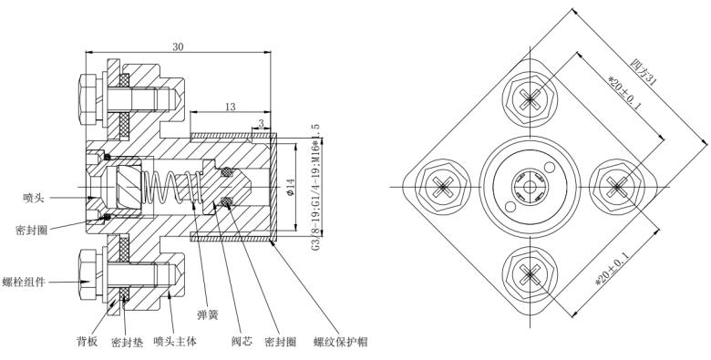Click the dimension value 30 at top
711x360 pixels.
tap(178, 47)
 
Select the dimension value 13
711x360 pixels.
tap(230, 107)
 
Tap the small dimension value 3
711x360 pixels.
tap(262, 123)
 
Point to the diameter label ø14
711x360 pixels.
tap(291, 187)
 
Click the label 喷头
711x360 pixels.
tap(34, 198)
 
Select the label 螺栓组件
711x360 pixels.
tap(24, 282)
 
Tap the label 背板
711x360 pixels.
tap(88, 342)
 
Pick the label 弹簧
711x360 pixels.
tap(208, 314)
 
